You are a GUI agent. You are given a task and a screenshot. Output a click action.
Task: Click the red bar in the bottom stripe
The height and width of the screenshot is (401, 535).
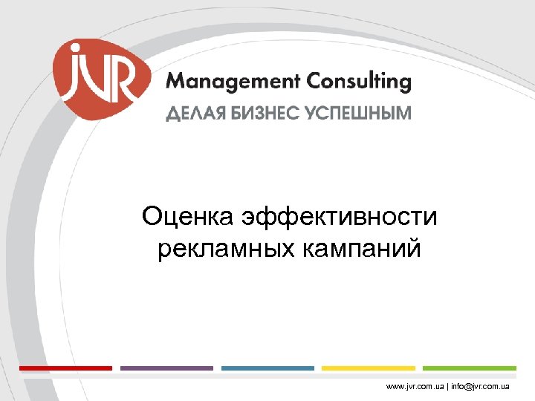[x=65, y=368]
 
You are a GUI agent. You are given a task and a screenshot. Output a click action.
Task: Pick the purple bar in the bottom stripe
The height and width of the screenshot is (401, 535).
[x=166, y=368]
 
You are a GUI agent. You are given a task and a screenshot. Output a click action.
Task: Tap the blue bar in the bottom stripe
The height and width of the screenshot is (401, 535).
[x=267, y=368]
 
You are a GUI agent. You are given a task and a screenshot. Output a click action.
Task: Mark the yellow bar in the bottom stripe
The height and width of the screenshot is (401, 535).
[x=369, y=368]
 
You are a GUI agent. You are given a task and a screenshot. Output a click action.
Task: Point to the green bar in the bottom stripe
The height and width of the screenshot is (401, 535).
[x=470, y=368]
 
